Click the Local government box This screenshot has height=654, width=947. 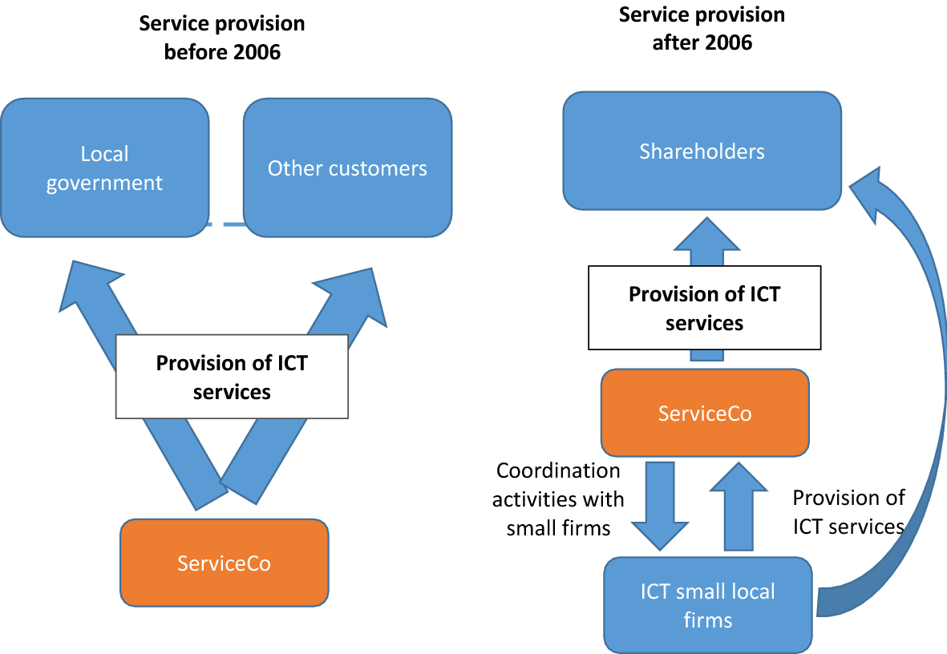(x=104, y=168)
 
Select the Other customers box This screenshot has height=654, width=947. (x=347, y=168)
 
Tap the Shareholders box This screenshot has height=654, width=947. (x=702, y=151)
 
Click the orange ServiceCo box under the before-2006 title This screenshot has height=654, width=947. (x=225, y=563)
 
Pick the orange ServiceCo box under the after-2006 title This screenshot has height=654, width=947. (x=705, y=413)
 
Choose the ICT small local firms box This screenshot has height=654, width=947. (x=708, y=605)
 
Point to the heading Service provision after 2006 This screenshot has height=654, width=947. (x=702, y=28)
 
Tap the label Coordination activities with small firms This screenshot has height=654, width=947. (x=558, y=499)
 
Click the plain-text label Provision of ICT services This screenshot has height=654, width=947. (x=848, y=511)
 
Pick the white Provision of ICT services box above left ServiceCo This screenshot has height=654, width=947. (x=232, y=377)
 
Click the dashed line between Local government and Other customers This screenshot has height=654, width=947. (x=226, y=225)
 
